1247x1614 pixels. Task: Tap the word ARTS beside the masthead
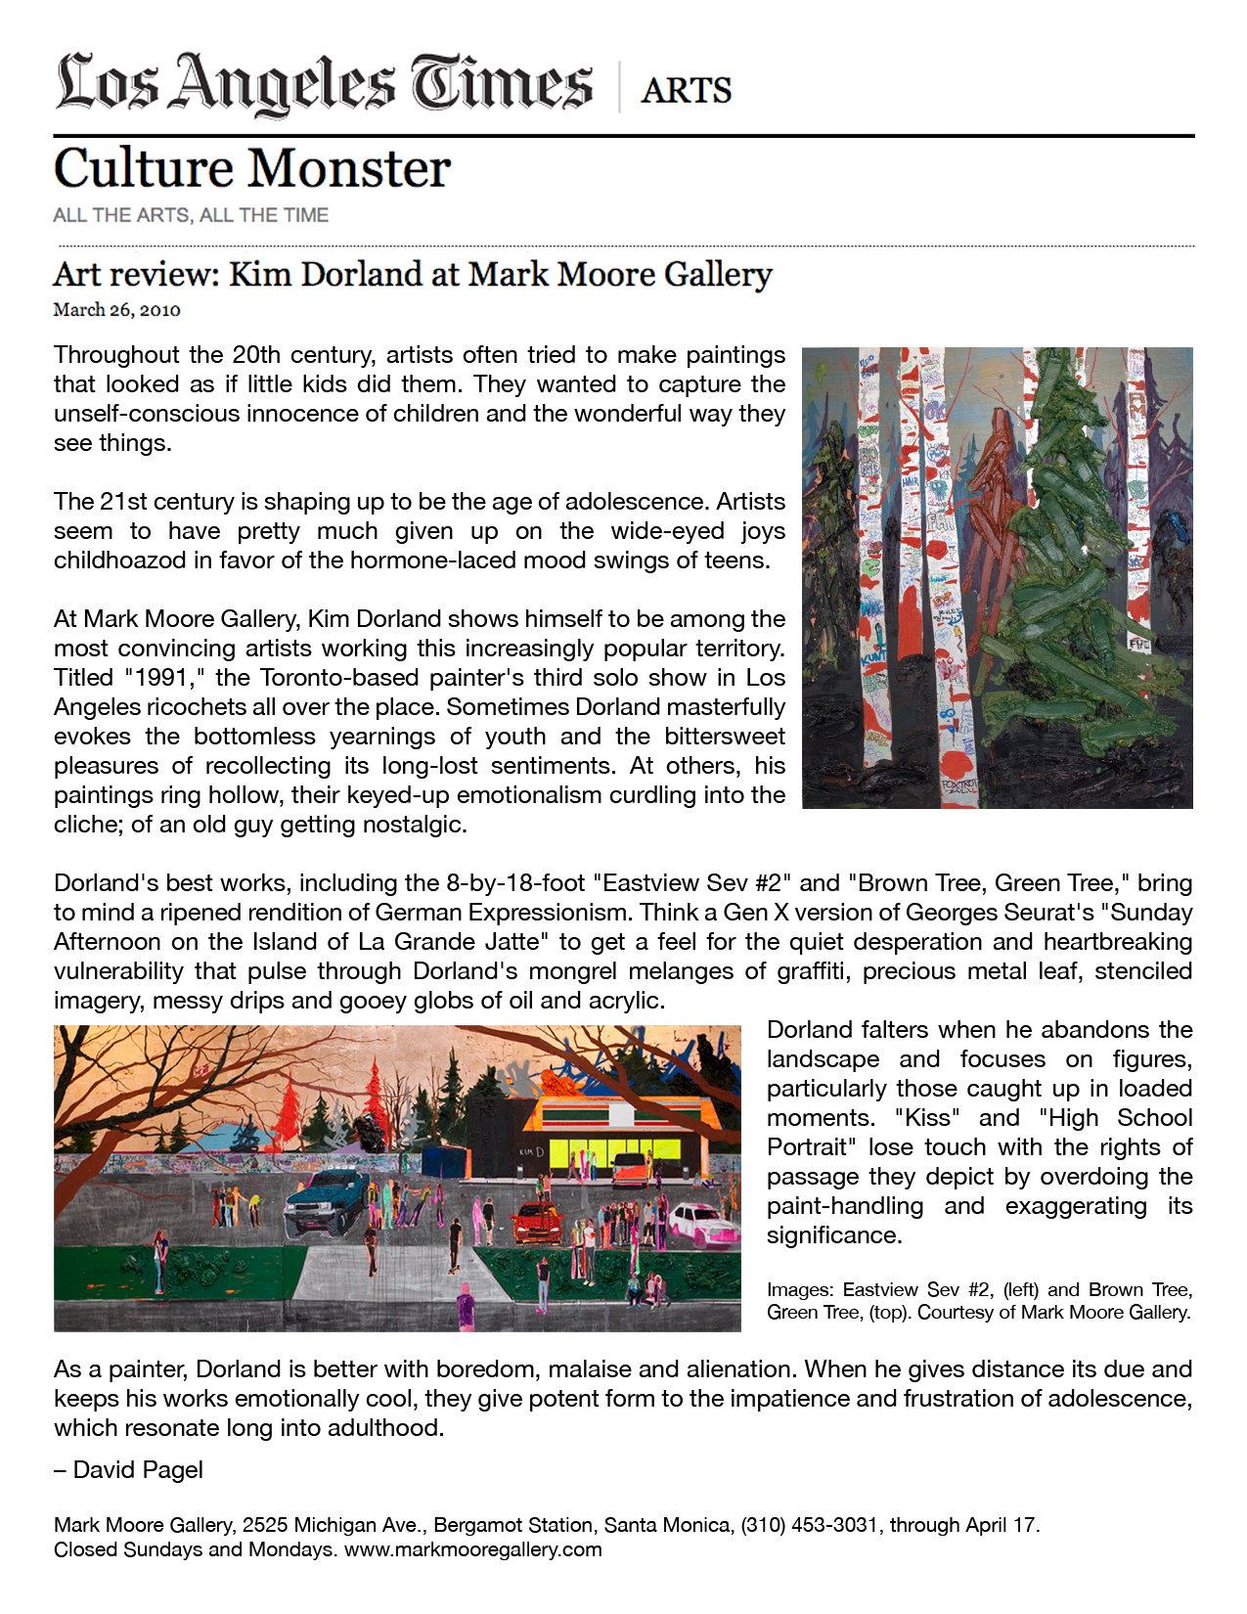click(x=686, y=91)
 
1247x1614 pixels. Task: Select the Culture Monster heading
click(x=251, y=168)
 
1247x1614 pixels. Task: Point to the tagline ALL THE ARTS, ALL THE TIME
click(x=191, y=215)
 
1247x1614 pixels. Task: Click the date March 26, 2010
click(x=116, y=310)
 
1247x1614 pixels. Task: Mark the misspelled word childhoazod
click(x=116, y=560)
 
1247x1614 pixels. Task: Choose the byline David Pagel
click(x=138, y=1470)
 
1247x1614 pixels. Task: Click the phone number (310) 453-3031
click(x=809, y=1525)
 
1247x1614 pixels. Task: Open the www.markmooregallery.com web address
click(x=472, y=1549)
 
